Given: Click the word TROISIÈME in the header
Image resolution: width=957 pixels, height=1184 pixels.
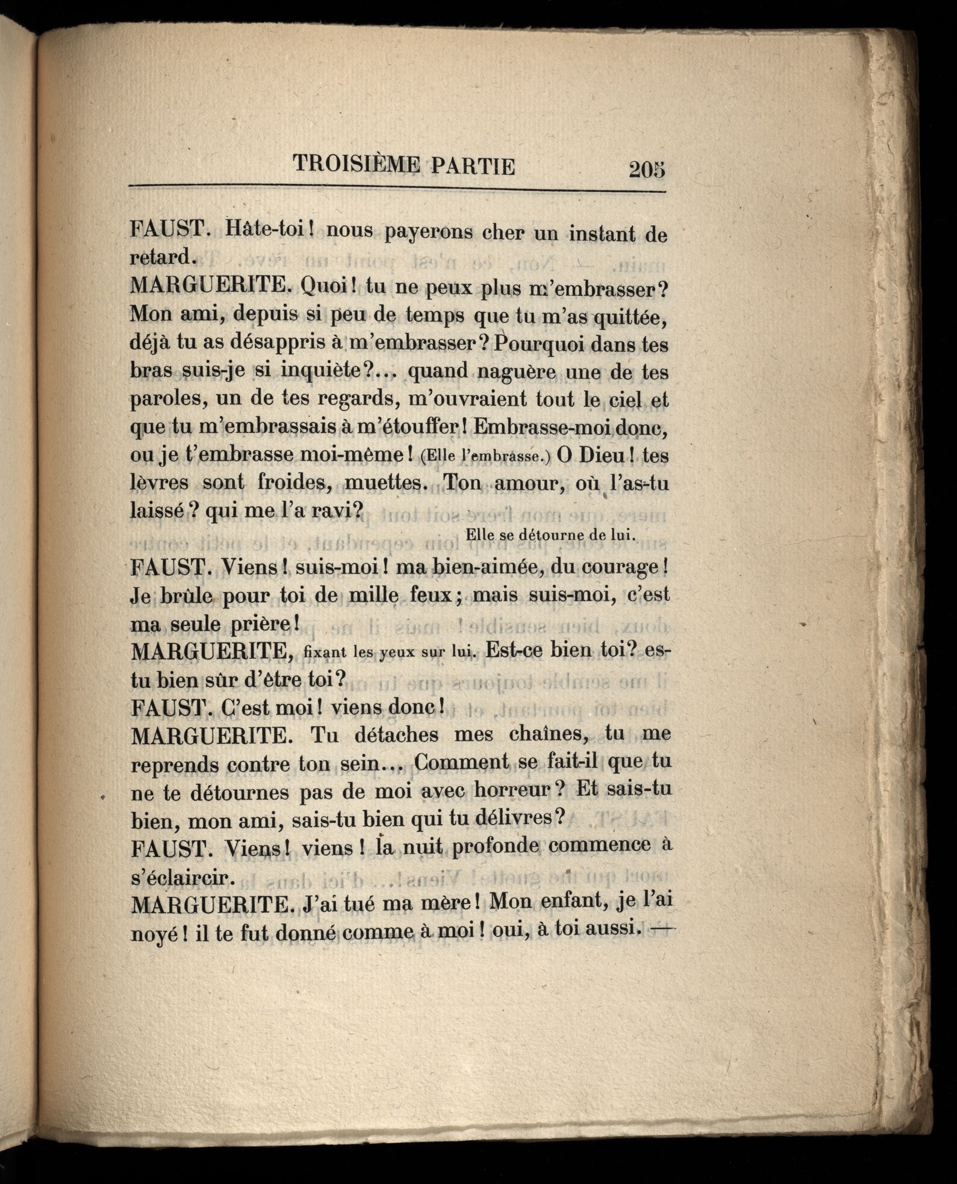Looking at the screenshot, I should point(356,165).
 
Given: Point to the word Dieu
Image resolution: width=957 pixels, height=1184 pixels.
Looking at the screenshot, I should point(604,455).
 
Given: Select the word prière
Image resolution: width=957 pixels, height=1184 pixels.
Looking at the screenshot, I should point(261,624).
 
